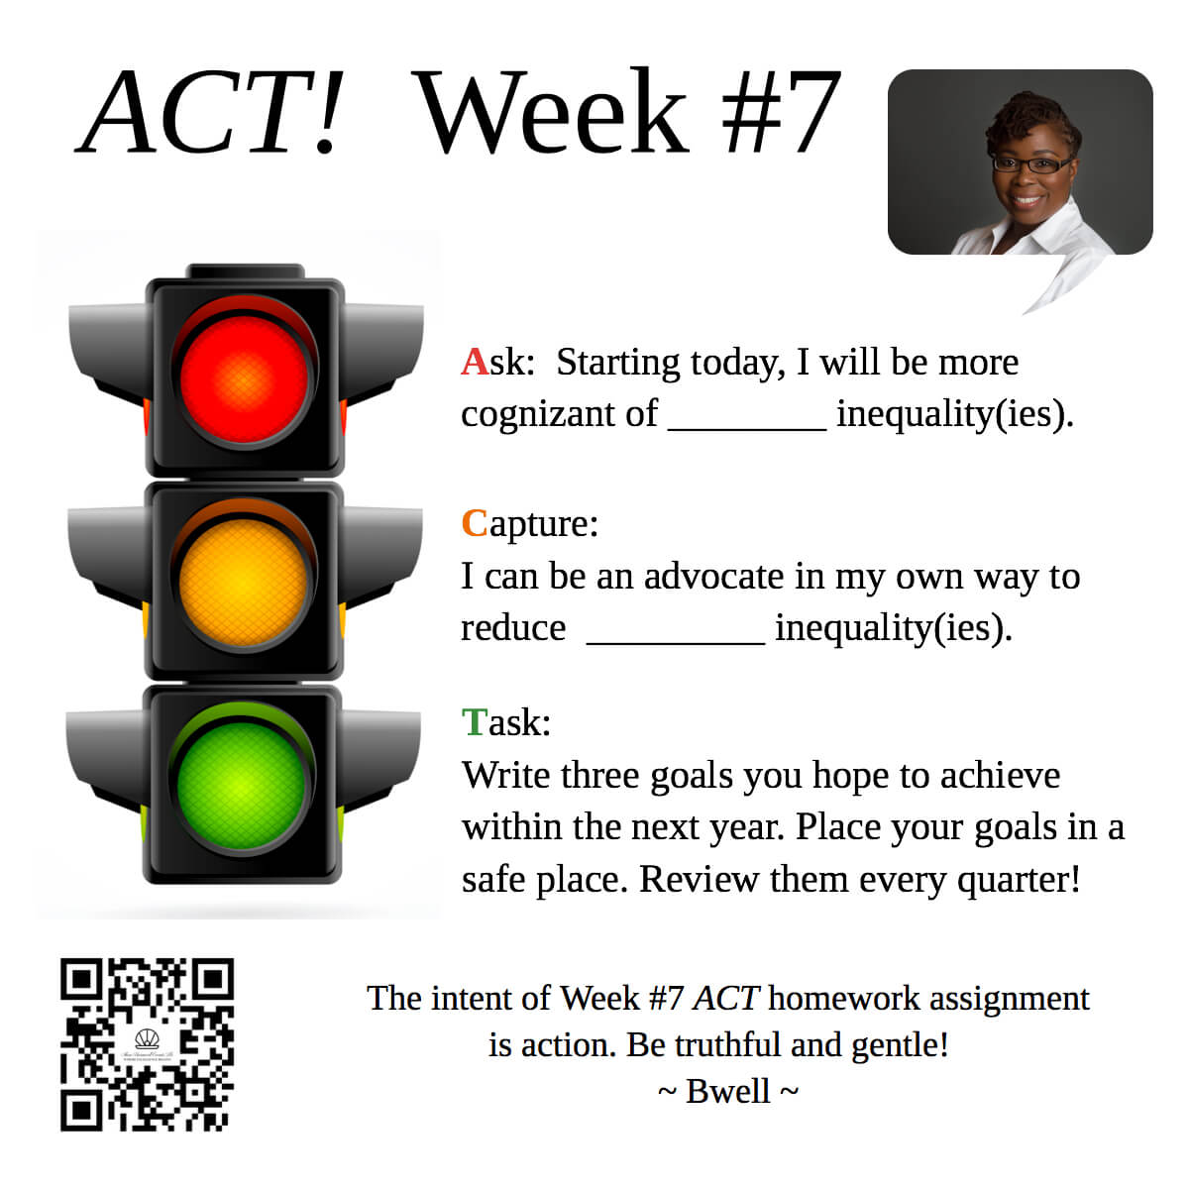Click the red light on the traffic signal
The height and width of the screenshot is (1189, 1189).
[244, 379]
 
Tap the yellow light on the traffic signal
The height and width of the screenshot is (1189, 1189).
[243, 583]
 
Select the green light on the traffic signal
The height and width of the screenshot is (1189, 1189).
[241, 786]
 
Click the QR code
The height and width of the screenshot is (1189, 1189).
[147, 1044]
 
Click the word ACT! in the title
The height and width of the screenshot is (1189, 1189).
[208, 112]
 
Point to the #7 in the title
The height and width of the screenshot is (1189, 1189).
[781, 112]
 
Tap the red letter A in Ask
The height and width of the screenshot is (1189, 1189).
[475, 363]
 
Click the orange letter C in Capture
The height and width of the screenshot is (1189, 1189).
[474, 524]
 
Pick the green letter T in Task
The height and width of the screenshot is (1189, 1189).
[475, 722]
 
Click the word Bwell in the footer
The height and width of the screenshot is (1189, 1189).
[728, 1091]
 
